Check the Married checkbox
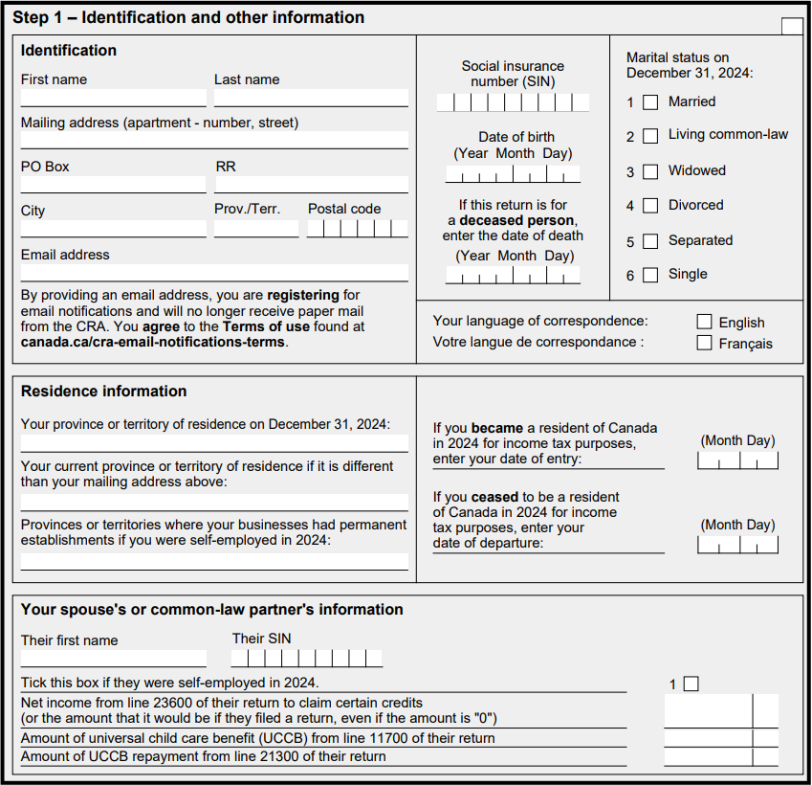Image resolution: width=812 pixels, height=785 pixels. pyautogui.click(x=650, y=102)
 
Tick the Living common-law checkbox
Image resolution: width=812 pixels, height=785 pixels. pyautogui.click(x=650, y=136)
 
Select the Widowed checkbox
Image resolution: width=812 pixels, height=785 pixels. pyautogui.click(x=650, y=171)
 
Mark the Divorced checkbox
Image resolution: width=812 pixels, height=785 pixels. pyautogui.click(x=650, y=206)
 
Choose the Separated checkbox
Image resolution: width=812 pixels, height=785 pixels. pyautogui.click(x=650, y=241)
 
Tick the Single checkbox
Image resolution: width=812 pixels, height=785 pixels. pyautogui.click(x=650, y=275)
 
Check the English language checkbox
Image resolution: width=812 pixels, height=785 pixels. pyautogui.click(x=705, y=322)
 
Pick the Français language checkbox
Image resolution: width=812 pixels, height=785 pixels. pyautogui.click(x=705, y=343)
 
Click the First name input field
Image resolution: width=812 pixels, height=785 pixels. pyautogui.click(x=113, y=98)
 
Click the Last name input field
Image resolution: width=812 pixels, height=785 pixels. pyautogui.click(x=311, y=98)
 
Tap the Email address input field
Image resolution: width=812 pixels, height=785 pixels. pyautogui.click(x=214, y=273)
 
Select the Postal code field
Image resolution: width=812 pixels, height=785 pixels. pyautogui.click(x=357, y=229)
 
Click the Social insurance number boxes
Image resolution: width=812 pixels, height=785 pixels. pyautogui.click(x=513, y=102)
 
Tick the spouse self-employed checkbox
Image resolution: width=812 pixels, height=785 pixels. pyautogui.click(x=691, y=684)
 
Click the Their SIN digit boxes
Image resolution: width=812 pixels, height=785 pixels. pyautogui.click(x=306, y=659)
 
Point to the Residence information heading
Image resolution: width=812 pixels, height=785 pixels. pyautogui.click(x=104, y=391)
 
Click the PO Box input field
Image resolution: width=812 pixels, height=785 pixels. pyautogui.click(x=113, y=184)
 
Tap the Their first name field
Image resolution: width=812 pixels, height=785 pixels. pyautogui.click(x=113, y=659)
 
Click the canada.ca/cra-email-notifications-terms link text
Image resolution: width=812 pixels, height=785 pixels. pyautogui.click(x=152, y=342)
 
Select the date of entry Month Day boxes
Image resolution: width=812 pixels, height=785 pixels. pyautogui.click(x=737, y=461)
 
